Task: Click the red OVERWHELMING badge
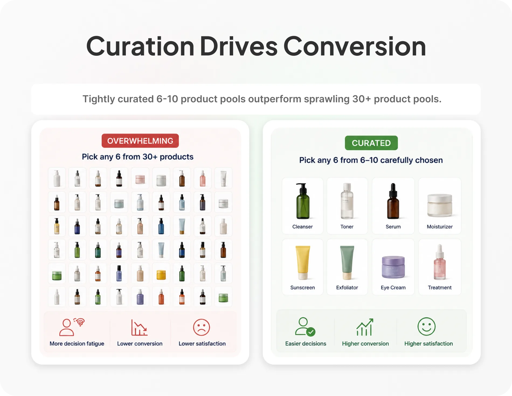140,141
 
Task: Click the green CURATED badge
371,143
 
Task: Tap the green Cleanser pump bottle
303,201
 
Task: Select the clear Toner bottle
347,201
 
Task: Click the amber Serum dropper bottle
393,201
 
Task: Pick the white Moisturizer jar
440,205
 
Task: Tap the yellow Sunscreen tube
303,263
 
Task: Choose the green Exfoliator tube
347,263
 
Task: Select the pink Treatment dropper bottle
440,262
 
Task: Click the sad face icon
201,327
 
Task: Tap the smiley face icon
426,327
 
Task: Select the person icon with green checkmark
305,327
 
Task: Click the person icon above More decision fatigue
72,327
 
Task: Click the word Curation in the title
140,47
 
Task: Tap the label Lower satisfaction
202,344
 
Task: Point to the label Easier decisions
306,344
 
